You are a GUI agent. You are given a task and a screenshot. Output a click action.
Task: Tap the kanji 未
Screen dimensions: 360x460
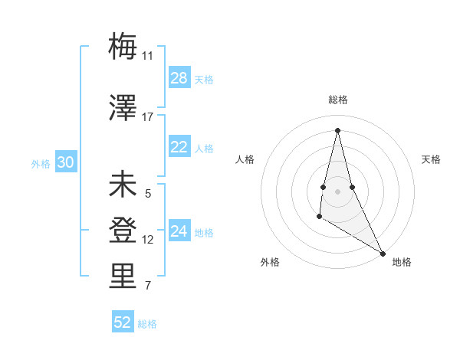tap(123, 186)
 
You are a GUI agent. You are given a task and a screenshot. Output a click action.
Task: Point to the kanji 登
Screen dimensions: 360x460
tap(123, 231)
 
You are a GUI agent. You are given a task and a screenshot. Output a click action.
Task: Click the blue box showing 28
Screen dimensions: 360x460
tap(179, 78)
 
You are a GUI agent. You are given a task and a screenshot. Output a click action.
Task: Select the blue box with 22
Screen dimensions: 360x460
tap(179, 147)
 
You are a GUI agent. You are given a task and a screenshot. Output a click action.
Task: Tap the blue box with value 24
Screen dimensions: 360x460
tap(179, 232)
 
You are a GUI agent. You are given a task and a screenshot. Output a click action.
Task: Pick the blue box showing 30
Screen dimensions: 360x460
tap(66, 162)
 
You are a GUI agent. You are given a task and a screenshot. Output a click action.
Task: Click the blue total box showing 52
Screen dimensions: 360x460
tap(123, 322)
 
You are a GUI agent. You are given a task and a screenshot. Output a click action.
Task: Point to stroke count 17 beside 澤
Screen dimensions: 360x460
tap(148, 117)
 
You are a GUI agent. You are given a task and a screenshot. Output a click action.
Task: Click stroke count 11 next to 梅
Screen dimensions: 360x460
tap(148, 55)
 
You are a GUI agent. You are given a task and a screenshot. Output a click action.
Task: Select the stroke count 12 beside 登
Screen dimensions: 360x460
tap(148, 240)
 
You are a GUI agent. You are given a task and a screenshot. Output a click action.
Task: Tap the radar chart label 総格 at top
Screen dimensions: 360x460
tap(338, 100)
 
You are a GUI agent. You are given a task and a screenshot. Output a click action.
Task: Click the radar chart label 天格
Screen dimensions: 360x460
tap(431, 159)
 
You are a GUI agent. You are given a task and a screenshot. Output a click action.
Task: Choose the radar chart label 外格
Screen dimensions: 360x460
tap(270, 262)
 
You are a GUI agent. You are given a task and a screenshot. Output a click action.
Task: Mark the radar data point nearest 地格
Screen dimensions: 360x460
tap(384, 253)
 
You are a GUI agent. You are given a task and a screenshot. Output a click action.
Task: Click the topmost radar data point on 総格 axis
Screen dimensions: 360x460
tap(337, 130)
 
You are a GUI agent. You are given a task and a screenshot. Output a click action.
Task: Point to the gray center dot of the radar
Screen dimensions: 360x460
tap(337, 190)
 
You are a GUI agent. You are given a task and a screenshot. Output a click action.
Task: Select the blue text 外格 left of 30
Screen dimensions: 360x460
tap(40, 163)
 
